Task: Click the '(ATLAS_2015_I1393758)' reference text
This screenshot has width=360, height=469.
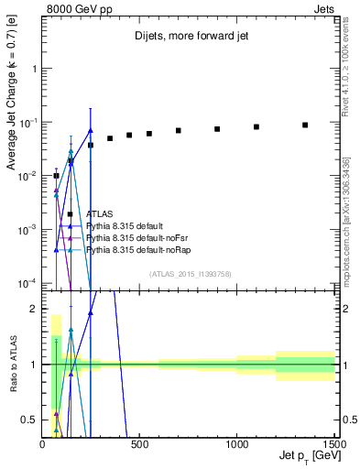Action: [190, 273]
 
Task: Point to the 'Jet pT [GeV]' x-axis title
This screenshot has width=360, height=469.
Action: [305, 456]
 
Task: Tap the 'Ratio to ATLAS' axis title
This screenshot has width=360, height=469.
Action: [12, 364]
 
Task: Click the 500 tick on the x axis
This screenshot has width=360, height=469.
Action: [140, 446]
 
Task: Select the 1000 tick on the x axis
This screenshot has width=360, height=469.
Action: [237, 446]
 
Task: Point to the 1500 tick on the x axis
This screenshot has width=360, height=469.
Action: [333, 446]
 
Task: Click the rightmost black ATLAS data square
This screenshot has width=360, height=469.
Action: [305, 125]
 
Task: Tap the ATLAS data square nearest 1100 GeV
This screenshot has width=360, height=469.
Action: [256, 126]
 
